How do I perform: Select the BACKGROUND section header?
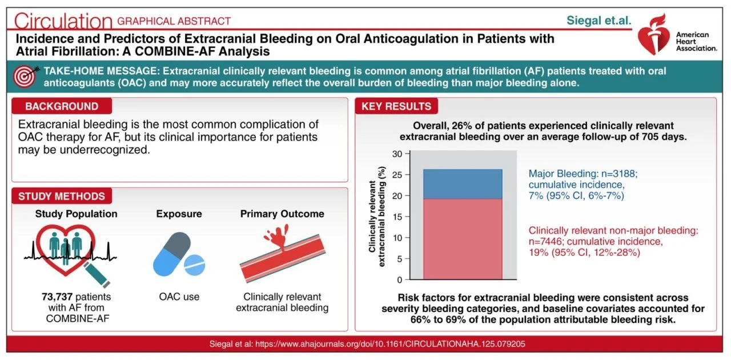pos(62,106)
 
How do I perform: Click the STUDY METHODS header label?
pos(62,196)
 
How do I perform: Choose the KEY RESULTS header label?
pos(396,106)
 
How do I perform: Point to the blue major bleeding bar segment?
pos(463,184)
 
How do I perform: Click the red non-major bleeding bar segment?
pos(463,239)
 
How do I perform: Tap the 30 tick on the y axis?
pos(397,154)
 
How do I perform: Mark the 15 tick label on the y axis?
pos(397,217)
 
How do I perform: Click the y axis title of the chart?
pos(377,217)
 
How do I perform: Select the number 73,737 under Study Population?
pos(57,297)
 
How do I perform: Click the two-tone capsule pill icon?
pos(172,254)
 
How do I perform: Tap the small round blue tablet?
pos(195,265)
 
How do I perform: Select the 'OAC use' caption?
pos(179,297)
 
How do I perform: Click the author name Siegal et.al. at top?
pos(599,21)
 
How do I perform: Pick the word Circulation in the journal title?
pos(63,21)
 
